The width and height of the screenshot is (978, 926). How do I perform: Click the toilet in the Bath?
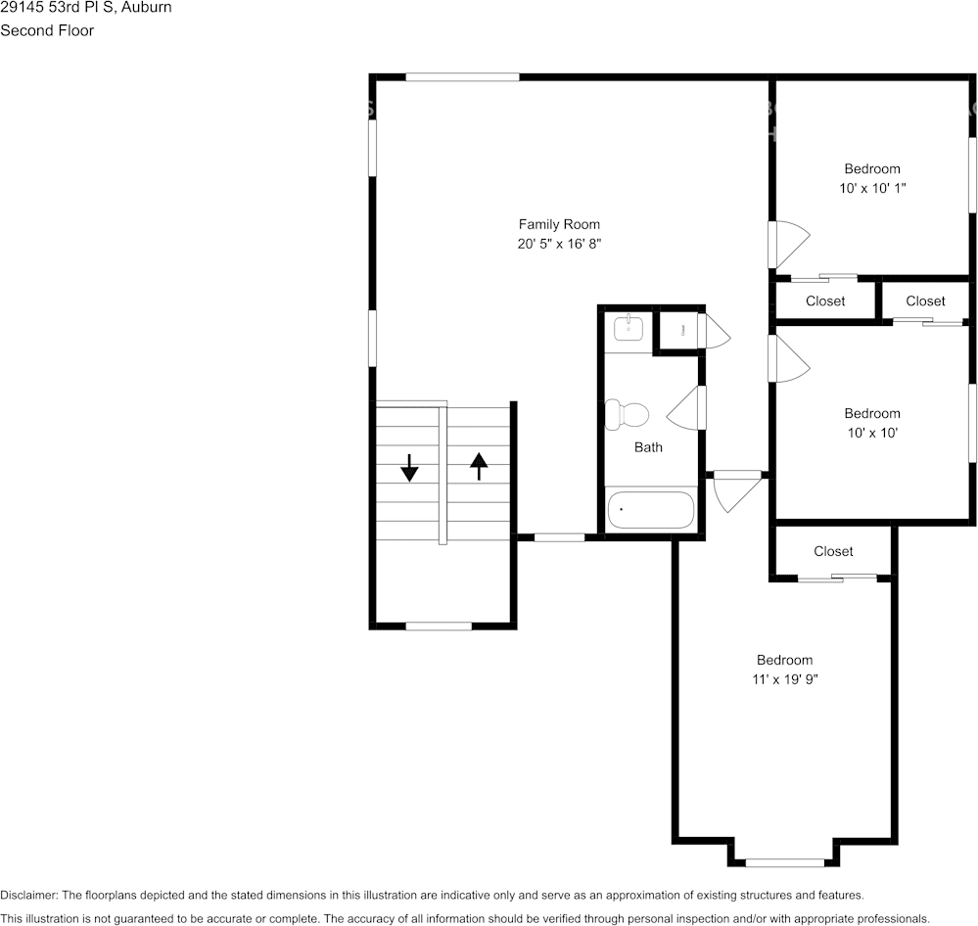pos(628,415)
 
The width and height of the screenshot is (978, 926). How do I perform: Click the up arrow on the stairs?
pos(479,466)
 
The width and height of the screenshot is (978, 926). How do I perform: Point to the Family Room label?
pos(559,224)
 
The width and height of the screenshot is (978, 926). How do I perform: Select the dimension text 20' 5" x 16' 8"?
pos(559,244)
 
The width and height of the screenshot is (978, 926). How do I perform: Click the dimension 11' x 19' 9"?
pos(784,679)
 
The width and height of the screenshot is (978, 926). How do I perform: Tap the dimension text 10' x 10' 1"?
pos(872,187)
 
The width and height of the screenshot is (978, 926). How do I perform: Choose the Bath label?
pos(648,447)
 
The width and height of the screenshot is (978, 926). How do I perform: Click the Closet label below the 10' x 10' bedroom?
pos(833,551)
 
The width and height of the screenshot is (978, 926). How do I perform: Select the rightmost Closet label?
pos(925,301)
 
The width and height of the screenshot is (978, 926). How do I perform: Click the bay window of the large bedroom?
pos(784,862)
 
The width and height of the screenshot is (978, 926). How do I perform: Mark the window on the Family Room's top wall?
pos(462,76)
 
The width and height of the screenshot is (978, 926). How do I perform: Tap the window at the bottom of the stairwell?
pos(439,625)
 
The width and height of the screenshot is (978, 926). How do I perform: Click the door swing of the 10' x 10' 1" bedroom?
pos(789,244)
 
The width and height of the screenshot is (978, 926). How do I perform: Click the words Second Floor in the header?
pos(47,30)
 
